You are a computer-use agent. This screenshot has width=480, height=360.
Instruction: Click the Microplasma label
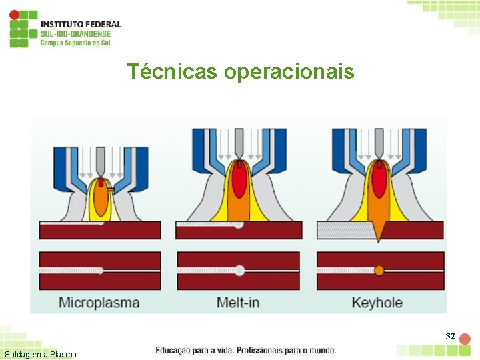(99, 303)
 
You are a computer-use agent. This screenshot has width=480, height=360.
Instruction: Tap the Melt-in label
(238, 303)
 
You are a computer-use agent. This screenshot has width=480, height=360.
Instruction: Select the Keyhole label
(377, 303)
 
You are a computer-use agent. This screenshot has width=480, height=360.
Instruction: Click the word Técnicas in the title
(172, 71)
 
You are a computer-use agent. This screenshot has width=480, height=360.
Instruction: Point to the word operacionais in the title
(289, 71)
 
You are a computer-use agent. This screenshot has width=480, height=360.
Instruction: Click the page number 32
(450, 337)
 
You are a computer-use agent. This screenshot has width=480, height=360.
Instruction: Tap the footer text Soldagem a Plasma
(40, 355)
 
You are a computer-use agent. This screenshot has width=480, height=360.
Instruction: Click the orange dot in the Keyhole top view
(379, 271)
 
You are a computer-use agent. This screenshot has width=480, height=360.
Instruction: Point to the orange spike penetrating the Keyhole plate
(379, 230)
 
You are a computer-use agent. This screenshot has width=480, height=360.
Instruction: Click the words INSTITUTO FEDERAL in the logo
(81, 25)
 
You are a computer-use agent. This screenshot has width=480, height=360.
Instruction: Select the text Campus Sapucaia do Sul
(75, 43)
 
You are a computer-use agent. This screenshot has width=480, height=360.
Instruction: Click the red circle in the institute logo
(14, 15)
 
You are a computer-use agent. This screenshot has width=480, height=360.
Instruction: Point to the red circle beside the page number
(465, 339)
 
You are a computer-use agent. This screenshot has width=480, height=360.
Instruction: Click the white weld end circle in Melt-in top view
(239, 271)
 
